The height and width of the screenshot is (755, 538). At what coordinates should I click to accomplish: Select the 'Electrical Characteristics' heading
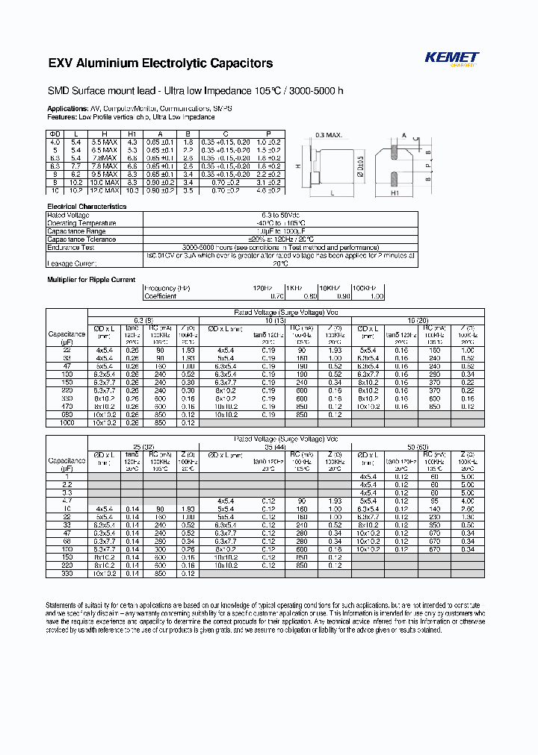[87, 206]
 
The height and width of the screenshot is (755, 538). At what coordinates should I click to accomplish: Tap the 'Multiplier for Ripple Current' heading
[91, 280]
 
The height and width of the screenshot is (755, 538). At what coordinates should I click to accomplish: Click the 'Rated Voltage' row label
[69, 216]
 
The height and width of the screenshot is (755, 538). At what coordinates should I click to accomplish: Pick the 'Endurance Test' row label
[71, 247]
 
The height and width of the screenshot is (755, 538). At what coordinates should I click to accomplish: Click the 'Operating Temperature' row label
[81, 223]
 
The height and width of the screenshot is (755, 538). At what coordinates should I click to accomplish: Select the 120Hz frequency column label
[262, 288]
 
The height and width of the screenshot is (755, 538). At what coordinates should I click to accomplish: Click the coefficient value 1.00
[377, 296]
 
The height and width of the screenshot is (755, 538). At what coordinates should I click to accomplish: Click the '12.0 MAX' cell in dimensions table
[105, 191]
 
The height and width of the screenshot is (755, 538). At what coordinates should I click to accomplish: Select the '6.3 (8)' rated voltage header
[143, 320]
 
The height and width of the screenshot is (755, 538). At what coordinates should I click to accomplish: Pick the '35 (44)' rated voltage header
[274, 446]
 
